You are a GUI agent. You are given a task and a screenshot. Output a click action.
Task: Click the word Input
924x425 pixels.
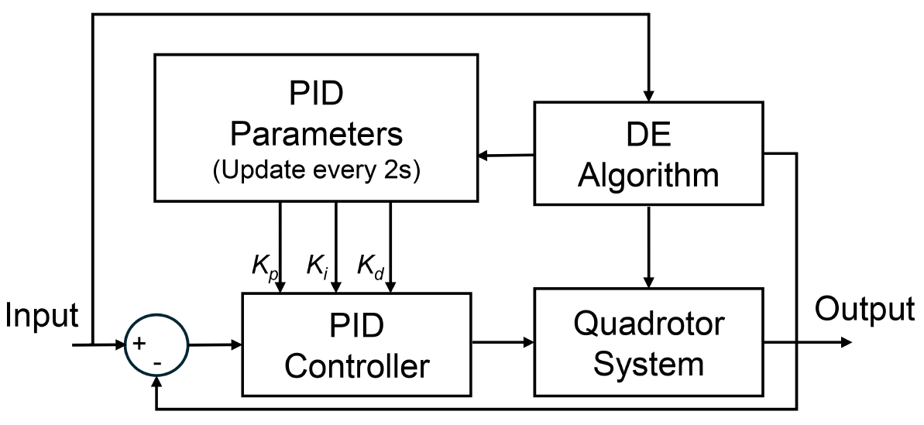pos(42,316)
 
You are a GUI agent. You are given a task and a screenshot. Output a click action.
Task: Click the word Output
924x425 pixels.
pos(864,310)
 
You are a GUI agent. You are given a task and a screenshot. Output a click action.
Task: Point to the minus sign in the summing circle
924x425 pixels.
pos(158,362)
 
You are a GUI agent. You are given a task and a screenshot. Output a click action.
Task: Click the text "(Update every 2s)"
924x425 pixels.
pos(316,172)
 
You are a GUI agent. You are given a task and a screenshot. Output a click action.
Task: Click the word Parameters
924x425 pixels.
pos(317,134)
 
